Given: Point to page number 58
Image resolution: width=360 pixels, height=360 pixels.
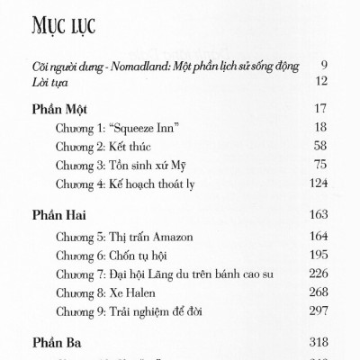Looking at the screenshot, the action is (319, 147).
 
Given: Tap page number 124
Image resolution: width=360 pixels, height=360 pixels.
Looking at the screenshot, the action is (317, 183).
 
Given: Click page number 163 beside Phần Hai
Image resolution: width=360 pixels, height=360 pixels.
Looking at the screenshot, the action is (317, 217).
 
